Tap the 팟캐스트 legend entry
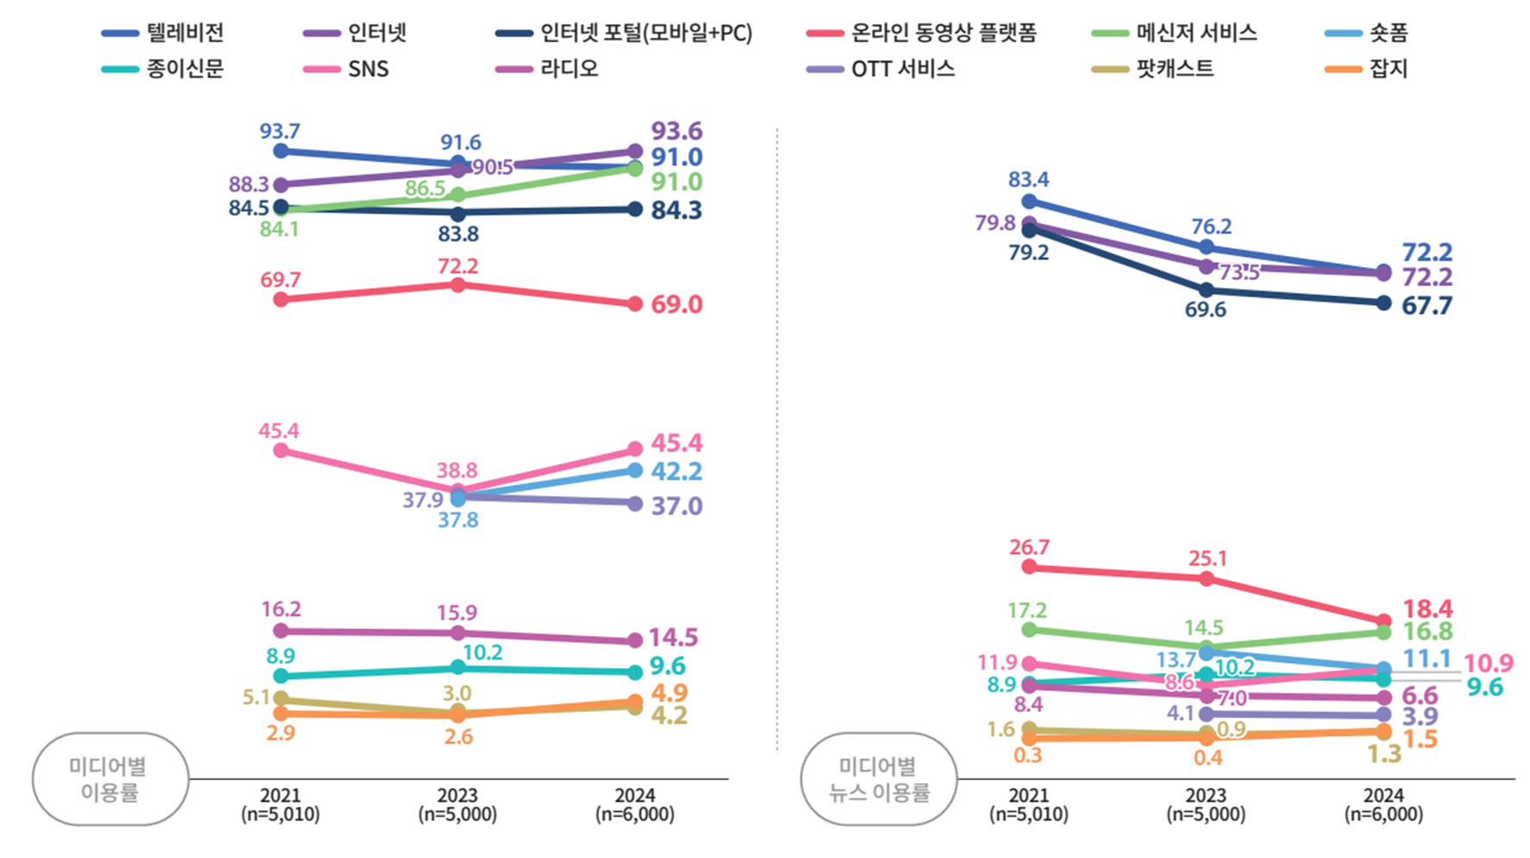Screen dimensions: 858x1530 [x=1153, y=68]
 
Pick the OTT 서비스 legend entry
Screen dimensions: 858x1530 [x=881, y=68]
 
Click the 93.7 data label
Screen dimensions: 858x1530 [x=280, y=131]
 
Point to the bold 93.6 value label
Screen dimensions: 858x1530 [x=676, y=131]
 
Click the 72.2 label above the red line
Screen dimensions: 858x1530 [x=457, y=266]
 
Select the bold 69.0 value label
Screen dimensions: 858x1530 [x=676, y=304]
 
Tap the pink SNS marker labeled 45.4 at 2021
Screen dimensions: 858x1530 [x=281, y=450]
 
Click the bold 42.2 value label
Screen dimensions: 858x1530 [x=676, y=471]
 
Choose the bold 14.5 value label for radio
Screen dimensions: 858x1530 [x=673, y=638]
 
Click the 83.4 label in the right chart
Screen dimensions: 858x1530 [x=1028, y=180]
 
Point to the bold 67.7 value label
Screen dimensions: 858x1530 [x=1426, y=306]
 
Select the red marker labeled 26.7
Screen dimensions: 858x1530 [x=1029, y=567]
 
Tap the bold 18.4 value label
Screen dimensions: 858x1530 [x=1427, y=608]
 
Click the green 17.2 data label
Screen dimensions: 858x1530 [x=1027, y=611]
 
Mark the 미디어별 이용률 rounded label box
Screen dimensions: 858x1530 [x=110, y=779]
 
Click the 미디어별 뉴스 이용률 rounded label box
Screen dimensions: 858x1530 [x=879, y=779]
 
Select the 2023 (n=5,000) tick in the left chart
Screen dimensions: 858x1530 [x=457, y=804]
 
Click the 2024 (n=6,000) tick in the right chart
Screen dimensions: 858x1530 [x=1383, y=804]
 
